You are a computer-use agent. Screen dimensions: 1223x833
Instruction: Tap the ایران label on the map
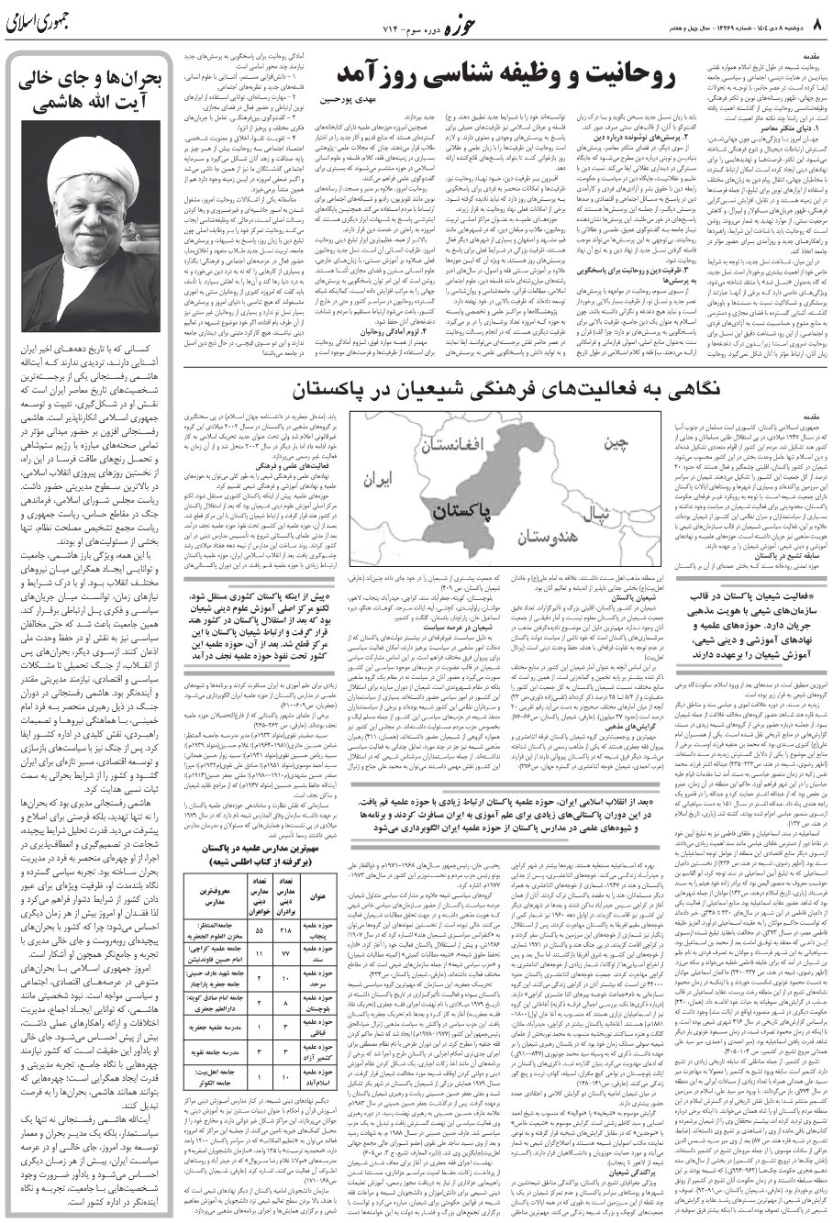coord(378,479)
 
